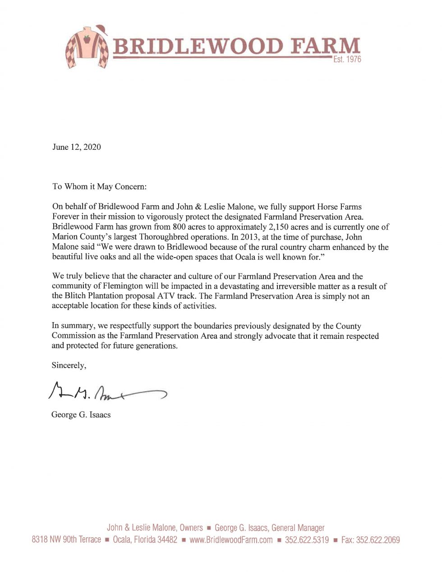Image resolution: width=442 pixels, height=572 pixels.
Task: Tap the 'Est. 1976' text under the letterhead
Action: [x=347, y=60]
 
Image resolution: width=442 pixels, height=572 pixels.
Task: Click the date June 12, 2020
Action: [x=77, y=147]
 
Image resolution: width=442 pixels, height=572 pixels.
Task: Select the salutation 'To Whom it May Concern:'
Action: [x=100, y=186]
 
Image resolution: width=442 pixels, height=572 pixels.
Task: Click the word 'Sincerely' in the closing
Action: [x=68, y=365]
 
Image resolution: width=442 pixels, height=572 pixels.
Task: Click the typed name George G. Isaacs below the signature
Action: [x=81, y=415]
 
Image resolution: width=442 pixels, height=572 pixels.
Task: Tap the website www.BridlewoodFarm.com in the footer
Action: [x=231, y=540]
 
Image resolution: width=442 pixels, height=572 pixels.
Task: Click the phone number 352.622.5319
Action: [x=307, y=540]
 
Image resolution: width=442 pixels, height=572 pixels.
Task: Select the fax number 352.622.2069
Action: [x=378, y=540]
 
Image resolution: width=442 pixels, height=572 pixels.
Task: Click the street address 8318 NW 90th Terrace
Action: [x=66, y=540]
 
